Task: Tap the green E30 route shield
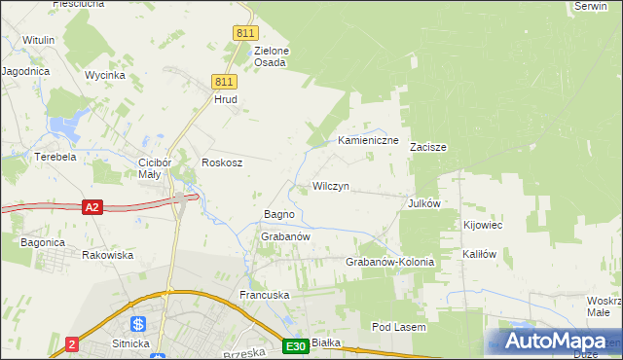click(297, 345)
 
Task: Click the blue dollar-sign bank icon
click(138, 324)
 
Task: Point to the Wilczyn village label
click(330, 186)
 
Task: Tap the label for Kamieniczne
click(369, 141)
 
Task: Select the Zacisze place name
click(427, 148)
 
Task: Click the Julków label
click(425, 203)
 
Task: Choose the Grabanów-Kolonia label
click(389, 263)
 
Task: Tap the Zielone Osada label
click(271, 56)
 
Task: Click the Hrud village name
click(226, 99)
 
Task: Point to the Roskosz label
click(221, 162)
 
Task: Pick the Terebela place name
click(55, 156)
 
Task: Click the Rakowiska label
click(107, 255)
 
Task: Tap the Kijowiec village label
click(482, 226)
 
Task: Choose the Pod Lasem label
click(399, 328)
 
